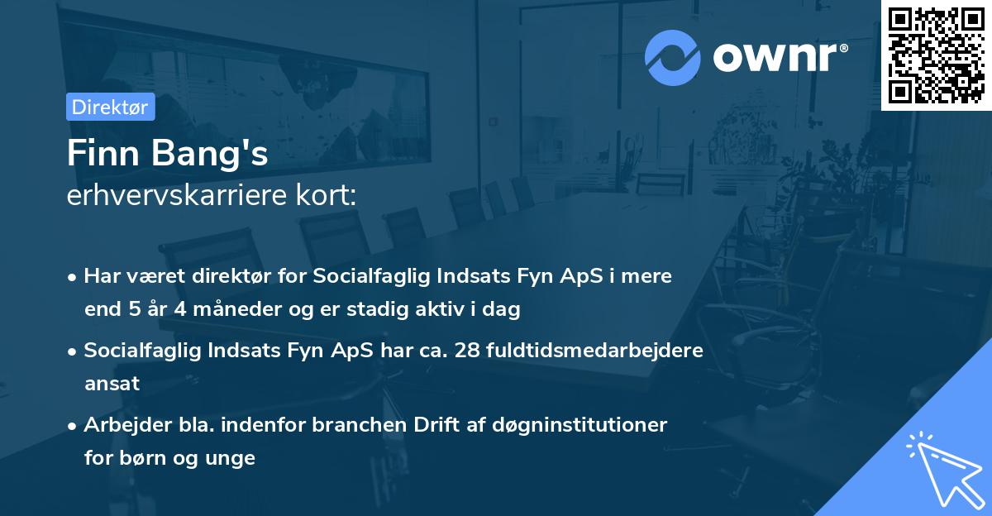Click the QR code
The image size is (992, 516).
936,55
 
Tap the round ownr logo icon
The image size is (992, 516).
673,57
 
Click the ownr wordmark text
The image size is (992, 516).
780,57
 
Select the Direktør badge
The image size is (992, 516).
110,107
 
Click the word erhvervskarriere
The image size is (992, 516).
169,196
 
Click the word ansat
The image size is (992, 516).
112,384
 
